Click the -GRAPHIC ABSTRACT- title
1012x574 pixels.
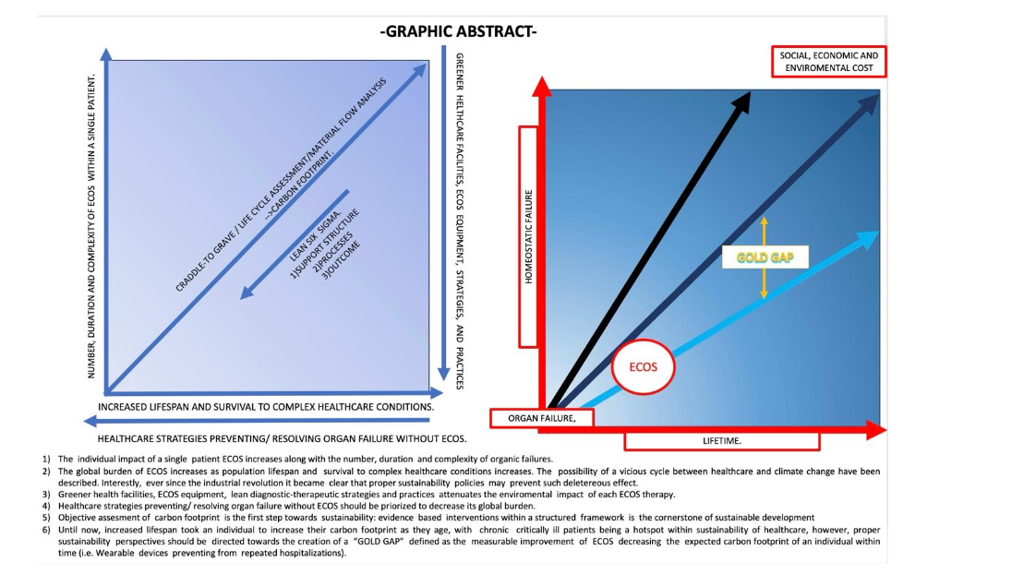point(458,31)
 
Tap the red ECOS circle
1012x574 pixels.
point(644,367)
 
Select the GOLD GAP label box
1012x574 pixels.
point(765,257)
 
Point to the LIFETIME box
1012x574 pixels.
point(722,441)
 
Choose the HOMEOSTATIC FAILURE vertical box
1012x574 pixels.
point(528,236)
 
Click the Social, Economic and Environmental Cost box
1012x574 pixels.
point(828,62)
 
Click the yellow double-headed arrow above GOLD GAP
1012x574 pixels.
point(764,230)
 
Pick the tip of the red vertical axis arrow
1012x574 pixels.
point(543,86)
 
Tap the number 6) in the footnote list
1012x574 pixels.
point(45,529)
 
